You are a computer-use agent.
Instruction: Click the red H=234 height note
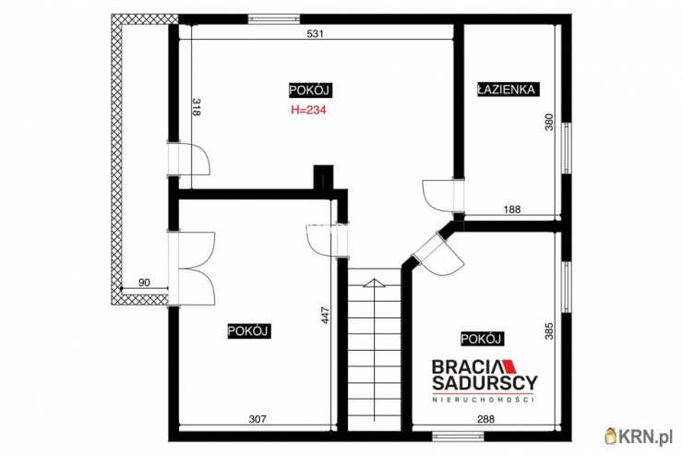click(308, 110)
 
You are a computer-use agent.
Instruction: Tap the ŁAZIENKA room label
click(508, 90)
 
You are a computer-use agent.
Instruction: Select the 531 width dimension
click(316, 33)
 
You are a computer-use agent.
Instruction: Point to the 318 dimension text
click(196, 107)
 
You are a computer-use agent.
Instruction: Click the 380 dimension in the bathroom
click(549, 122)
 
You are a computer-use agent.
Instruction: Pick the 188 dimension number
click(512, 210)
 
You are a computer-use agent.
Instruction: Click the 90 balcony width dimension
click(144, 282)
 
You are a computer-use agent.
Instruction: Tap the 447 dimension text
click(326, 316)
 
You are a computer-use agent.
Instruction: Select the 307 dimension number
click(257, 419)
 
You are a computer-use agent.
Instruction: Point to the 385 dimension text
click(549, 331)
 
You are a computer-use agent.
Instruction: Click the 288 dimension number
click(486, 419)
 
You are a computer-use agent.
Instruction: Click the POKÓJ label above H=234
click(309, 90)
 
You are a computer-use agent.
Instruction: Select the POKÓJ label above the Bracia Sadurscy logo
click(481, 339)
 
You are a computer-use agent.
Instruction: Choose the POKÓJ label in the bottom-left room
click(249, 331)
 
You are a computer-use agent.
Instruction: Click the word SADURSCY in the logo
click(485, 383)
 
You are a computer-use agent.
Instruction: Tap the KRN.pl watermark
click(640, 436)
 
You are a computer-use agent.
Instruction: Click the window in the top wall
click(274, 18)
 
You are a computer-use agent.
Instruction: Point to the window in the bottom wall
click(451, 436)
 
